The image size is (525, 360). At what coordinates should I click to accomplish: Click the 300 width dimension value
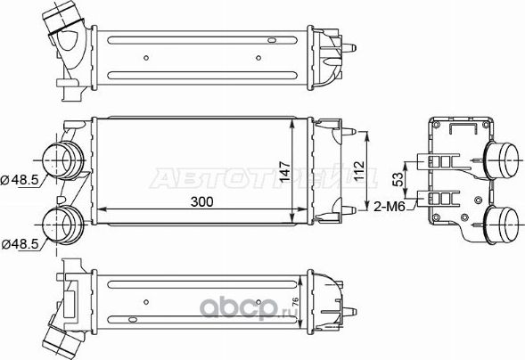point(202,201)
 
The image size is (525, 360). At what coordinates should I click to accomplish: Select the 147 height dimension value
point(283,170)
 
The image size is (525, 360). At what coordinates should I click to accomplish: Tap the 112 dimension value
point(359,170)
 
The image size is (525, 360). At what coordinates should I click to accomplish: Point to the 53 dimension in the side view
point(398,179)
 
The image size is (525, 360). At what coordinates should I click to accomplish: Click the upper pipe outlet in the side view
point(504,160)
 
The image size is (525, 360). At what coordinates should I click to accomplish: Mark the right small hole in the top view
point(258,61)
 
